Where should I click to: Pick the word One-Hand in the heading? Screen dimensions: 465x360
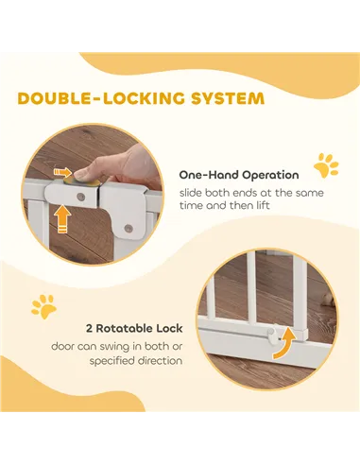(x=210, y=175)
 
